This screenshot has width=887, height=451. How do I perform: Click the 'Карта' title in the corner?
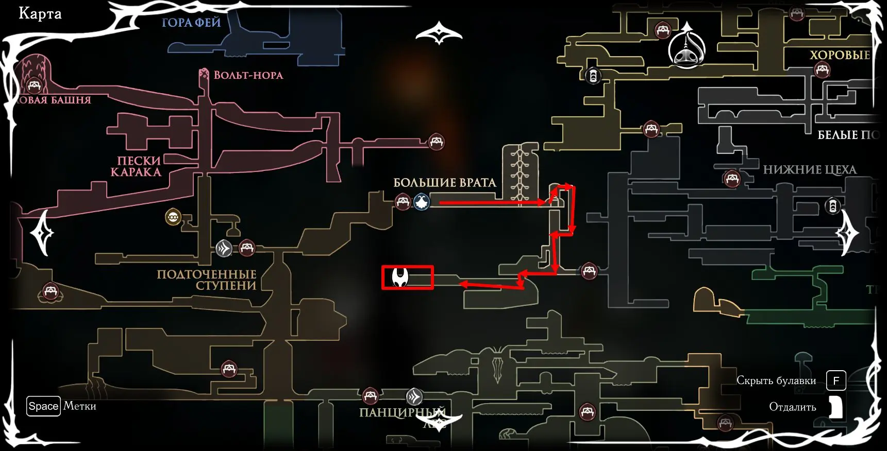pyautogui.click(x=40, y=14)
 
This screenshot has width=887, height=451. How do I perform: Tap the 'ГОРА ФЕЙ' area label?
pyautogui.click(x=191, y=23)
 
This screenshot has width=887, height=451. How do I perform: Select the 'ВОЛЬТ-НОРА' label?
pyautogui.click(x=248, y=75)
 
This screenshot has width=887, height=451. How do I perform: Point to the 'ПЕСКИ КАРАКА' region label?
pyautogui.click(x=137, y=166)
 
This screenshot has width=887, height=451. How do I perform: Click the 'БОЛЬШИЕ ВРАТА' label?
pyautogui.click(x=444, y=183)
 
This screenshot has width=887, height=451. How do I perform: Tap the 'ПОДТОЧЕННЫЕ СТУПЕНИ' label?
pyautogui.click(x=207, y=280)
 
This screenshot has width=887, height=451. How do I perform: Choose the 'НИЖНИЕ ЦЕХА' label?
pyautogui.click(x=809, y=170)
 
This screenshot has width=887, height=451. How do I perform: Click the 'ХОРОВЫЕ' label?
pyautogui.click(x=840, y=55)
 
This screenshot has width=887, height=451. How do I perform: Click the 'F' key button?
pyautogui.click(x=836, y=380)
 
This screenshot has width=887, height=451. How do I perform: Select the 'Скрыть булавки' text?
pyautogui.click(x=776, y=380)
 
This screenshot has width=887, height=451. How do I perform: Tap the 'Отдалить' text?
pyautogui.click(x=792, y=407)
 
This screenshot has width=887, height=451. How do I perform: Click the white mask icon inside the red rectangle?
pyautogui.click(x=400, y=277)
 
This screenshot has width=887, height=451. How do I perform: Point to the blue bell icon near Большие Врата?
pyautogui.click(x=422, y=202)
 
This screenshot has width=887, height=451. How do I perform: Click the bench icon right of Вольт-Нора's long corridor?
pyautogui.click(x=437, y=141)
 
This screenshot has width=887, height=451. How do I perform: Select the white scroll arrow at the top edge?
pyautogui.click(x=439, y=32)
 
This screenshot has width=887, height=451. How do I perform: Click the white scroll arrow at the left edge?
pyautogui.click(x=42, y=233)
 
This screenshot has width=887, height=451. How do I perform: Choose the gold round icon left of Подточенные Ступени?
pyautogui.click(x=173, y=217)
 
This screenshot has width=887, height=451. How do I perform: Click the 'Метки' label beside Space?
pyautogui.click(x=80, y=406)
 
